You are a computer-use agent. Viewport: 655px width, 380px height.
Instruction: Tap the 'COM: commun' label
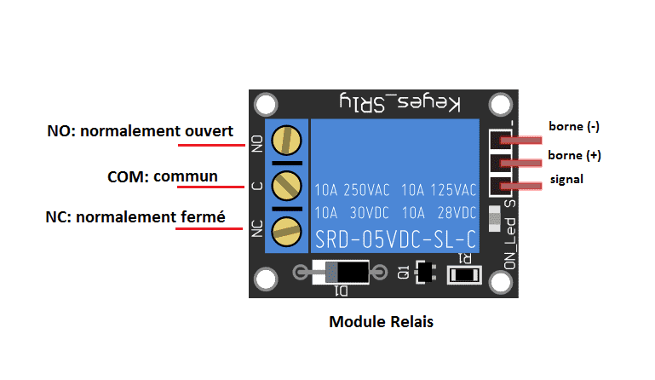[163, 176]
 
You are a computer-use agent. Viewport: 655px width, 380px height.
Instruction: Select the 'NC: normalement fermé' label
[135, 217]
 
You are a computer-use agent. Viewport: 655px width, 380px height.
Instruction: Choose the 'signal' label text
[566, 181]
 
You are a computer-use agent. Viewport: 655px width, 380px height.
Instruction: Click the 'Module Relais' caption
[381, 323]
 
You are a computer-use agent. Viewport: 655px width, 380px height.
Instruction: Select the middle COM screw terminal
[289, 184]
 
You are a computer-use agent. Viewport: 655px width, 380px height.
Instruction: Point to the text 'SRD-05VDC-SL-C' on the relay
[396, 236]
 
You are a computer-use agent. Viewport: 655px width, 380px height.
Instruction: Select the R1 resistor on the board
[464, 275]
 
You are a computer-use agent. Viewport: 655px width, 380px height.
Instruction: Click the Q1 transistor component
[424, 273]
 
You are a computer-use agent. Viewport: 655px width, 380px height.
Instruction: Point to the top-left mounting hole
[267, 105]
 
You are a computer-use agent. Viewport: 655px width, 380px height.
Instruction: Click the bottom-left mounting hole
[267, 279]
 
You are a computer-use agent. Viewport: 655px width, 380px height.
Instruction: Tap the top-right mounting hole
[501, 105]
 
